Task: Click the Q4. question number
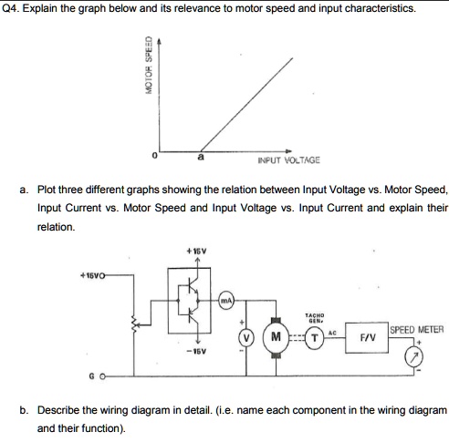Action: [x=12, y=8]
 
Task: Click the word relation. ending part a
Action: [x=55, y=225]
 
